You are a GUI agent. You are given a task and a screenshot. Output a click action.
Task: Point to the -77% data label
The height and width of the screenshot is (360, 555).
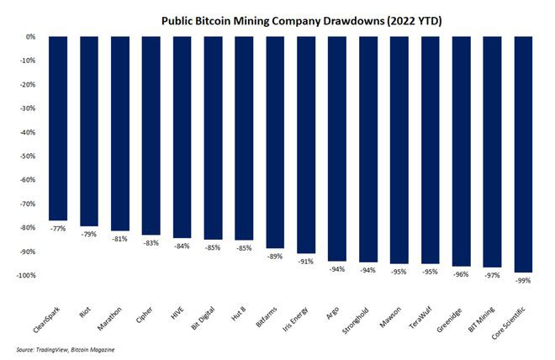tap(58, 228)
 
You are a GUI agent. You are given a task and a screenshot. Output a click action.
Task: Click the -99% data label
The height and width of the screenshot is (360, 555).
tap(522, 280)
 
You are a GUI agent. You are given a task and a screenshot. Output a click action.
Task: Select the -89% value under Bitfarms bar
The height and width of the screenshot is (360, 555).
tap(274, 257)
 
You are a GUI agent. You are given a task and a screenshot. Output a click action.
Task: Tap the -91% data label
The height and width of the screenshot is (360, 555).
tap(305, 262)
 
